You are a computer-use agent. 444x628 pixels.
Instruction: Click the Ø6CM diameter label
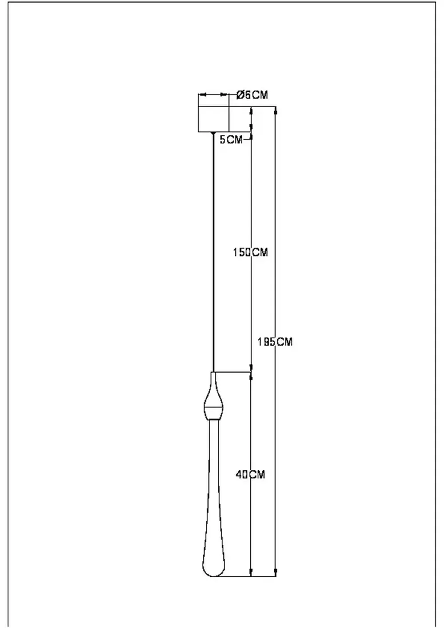(x=252, y=95)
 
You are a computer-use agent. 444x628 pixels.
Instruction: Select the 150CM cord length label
(x=250, y=252)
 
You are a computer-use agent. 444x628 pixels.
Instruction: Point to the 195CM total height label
(x=275, y=342)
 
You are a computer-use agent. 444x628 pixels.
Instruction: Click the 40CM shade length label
(x=250, y=474)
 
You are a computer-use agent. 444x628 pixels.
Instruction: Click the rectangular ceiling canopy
(x=213, y=119)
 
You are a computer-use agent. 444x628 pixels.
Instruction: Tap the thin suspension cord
(x=214, y=249)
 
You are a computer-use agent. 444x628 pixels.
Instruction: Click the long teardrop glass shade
(x=214, y=511)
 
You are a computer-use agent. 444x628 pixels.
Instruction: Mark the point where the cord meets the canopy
(x=214, y=133)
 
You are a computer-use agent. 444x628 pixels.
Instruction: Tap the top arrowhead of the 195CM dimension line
(x=276, y=111)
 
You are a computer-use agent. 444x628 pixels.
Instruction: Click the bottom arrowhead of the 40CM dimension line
(x=251, y=572)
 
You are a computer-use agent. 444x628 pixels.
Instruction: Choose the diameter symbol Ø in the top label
(x=240, y=95)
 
